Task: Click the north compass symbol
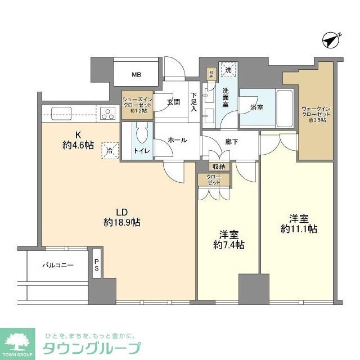point(332,40)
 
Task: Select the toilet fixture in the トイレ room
point(142,135)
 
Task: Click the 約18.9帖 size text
point(122,222)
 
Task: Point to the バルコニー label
point(58,264)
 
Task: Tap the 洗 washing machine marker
point(228,70)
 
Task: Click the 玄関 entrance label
point(173,102)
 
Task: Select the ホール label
point(177,141)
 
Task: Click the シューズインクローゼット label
point(138,104)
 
